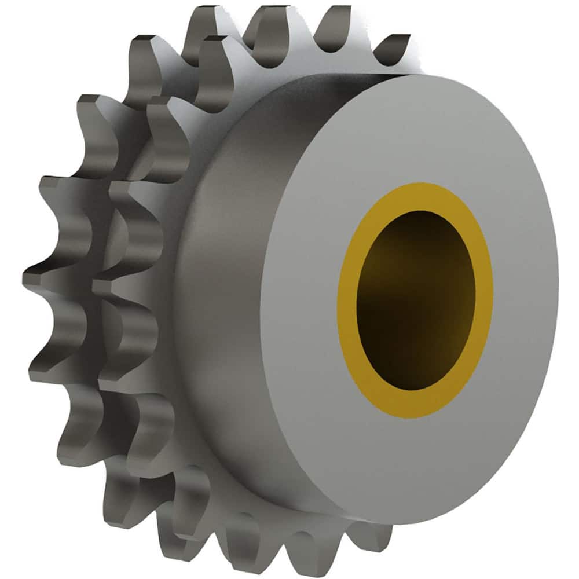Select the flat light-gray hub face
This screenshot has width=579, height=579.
[x=492, y=174]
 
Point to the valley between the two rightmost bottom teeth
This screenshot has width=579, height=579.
[x=342, y=530]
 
